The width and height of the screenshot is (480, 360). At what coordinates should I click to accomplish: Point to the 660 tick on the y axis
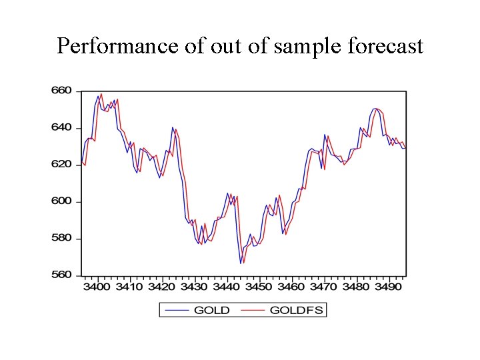(61, 91)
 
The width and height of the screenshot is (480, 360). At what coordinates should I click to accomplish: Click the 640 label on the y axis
(61, 127)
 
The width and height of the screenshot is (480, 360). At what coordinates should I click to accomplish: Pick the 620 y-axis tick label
(61, 164)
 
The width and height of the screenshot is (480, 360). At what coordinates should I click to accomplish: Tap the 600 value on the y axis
(61, 201)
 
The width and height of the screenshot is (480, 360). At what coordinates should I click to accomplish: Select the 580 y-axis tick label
(61, 238)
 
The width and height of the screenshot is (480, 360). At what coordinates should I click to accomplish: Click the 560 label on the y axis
(61, 275)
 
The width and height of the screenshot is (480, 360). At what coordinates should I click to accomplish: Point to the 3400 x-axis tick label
(97, 286)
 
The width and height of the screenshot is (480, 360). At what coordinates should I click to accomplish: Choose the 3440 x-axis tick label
(227, 286)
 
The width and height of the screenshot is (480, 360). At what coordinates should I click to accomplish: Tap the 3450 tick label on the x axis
(259, 286)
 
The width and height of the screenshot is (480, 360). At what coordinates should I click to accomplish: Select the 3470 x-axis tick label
(324, 286)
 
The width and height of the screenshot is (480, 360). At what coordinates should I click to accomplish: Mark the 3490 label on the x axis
(389, 286)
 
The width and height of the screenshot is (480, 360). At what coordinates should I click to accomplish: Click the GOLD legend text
(211, 310)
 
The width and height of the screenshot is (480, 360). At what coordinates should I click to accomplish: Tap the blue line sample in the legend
(176, 310)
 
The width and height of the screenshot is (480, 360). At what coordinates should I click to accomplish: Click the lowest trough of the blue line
(241, 263)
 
